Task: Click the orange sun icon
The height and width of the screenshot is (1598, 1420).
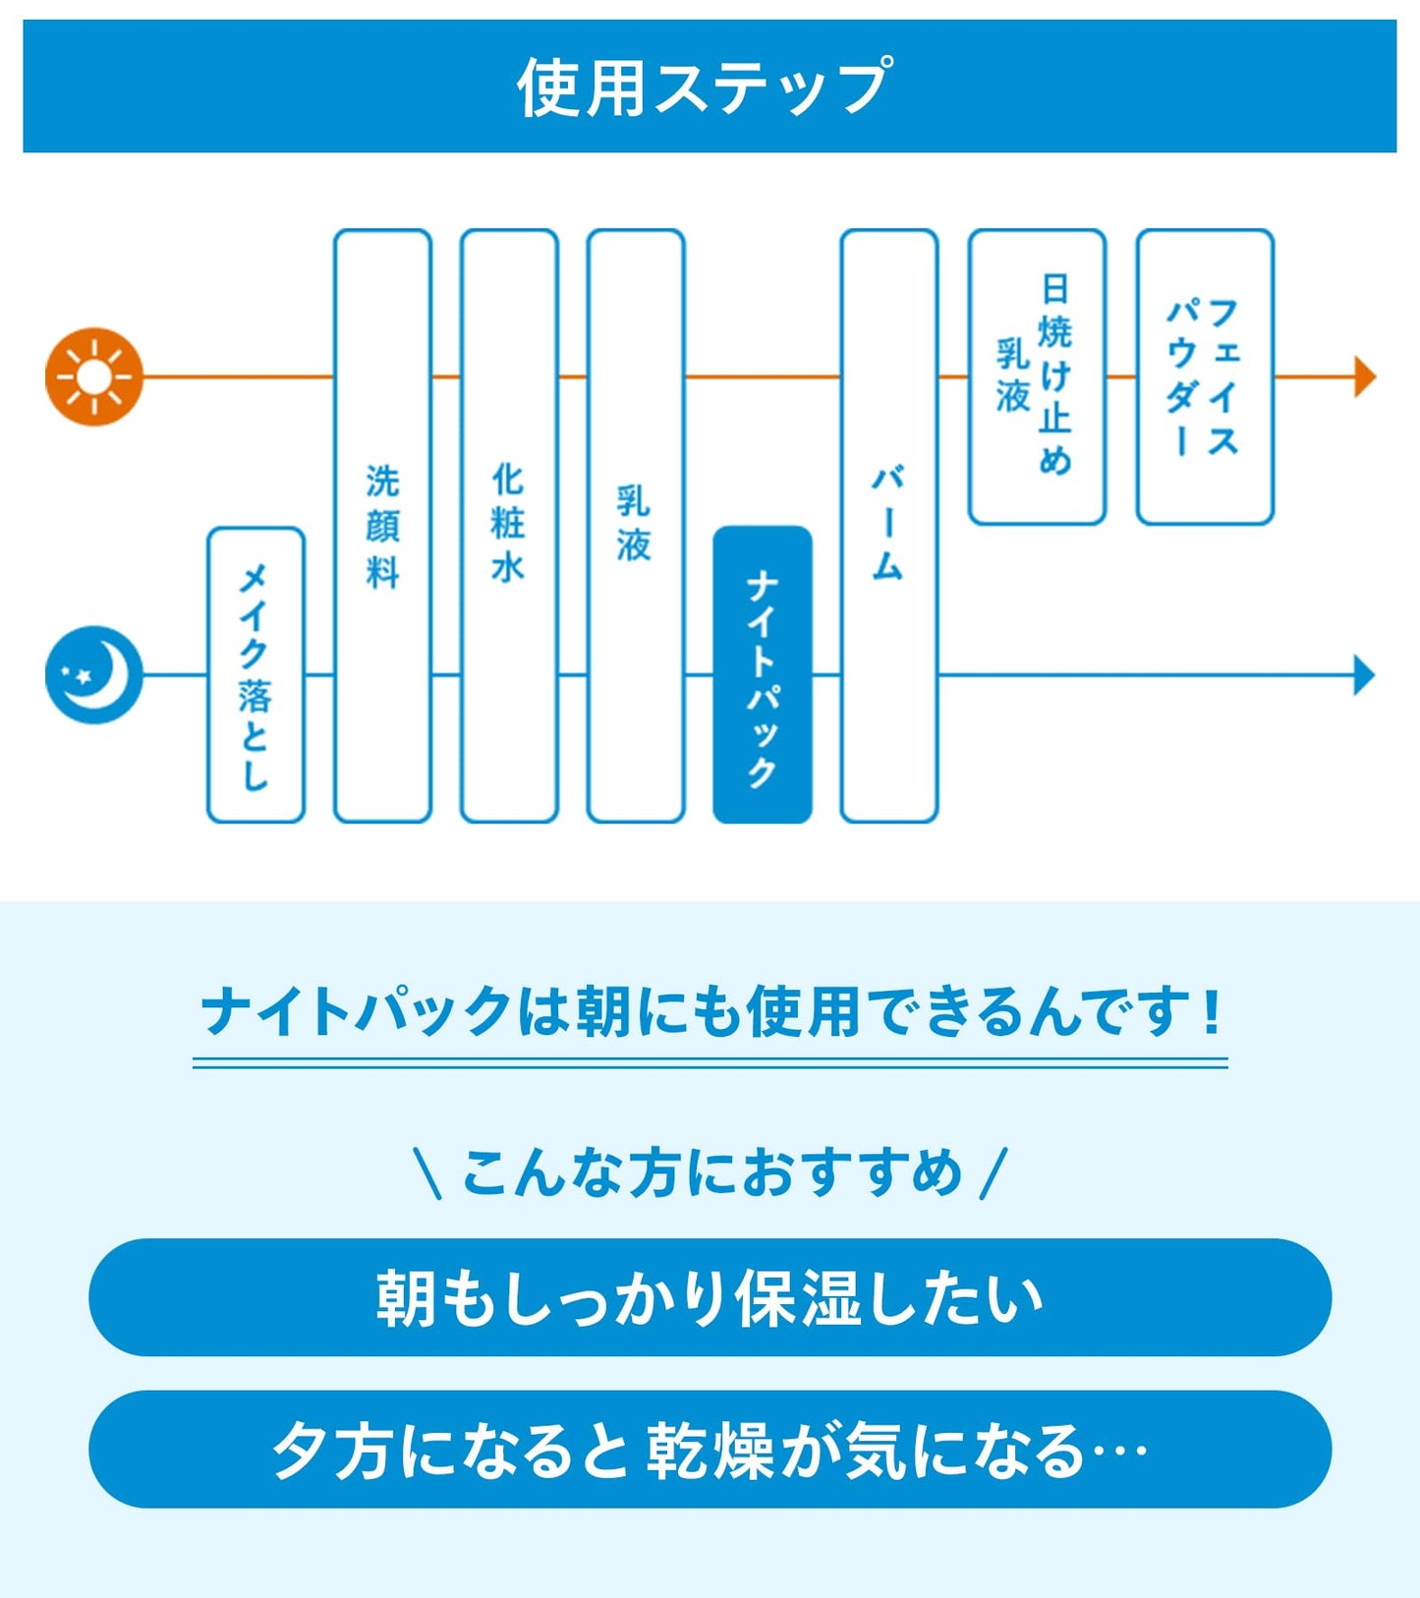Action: point(94,376)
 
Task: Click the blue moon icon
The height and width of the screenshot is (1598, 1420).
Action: point(94,675)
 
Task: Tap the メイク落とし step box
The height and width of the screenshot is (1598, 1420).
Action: point(256,675)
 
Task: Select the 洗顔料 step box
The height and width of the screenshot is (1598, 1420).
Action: point(382,526)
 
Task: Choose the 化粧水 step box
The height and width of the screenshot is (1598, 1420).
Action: point(509,526)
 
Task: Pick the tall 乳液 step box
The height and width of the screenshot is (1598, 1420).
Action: point(635,526)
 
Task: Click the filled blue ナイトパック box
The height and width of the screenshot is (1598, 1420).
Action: point(763,675)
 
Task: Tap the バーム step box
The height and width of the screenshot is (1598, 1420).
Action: point(888,526)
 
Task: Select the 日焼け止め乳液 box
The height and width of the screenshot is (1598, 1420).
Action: point(1037,376)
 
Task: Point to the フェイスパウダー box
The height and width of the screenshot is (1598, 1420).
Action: point(1205,376)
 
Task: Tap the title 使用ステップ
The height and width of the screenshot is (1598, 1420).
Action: point(706,86)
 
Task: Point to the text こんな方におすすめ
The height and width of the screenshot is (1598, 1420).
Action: point(710,1172)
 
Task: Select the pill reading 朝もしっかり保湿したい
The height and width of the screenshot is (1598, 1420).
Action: point(710,1297)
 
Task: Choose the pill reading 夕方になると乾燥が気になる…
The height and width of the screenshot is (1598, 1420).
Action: point(710,1450)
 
